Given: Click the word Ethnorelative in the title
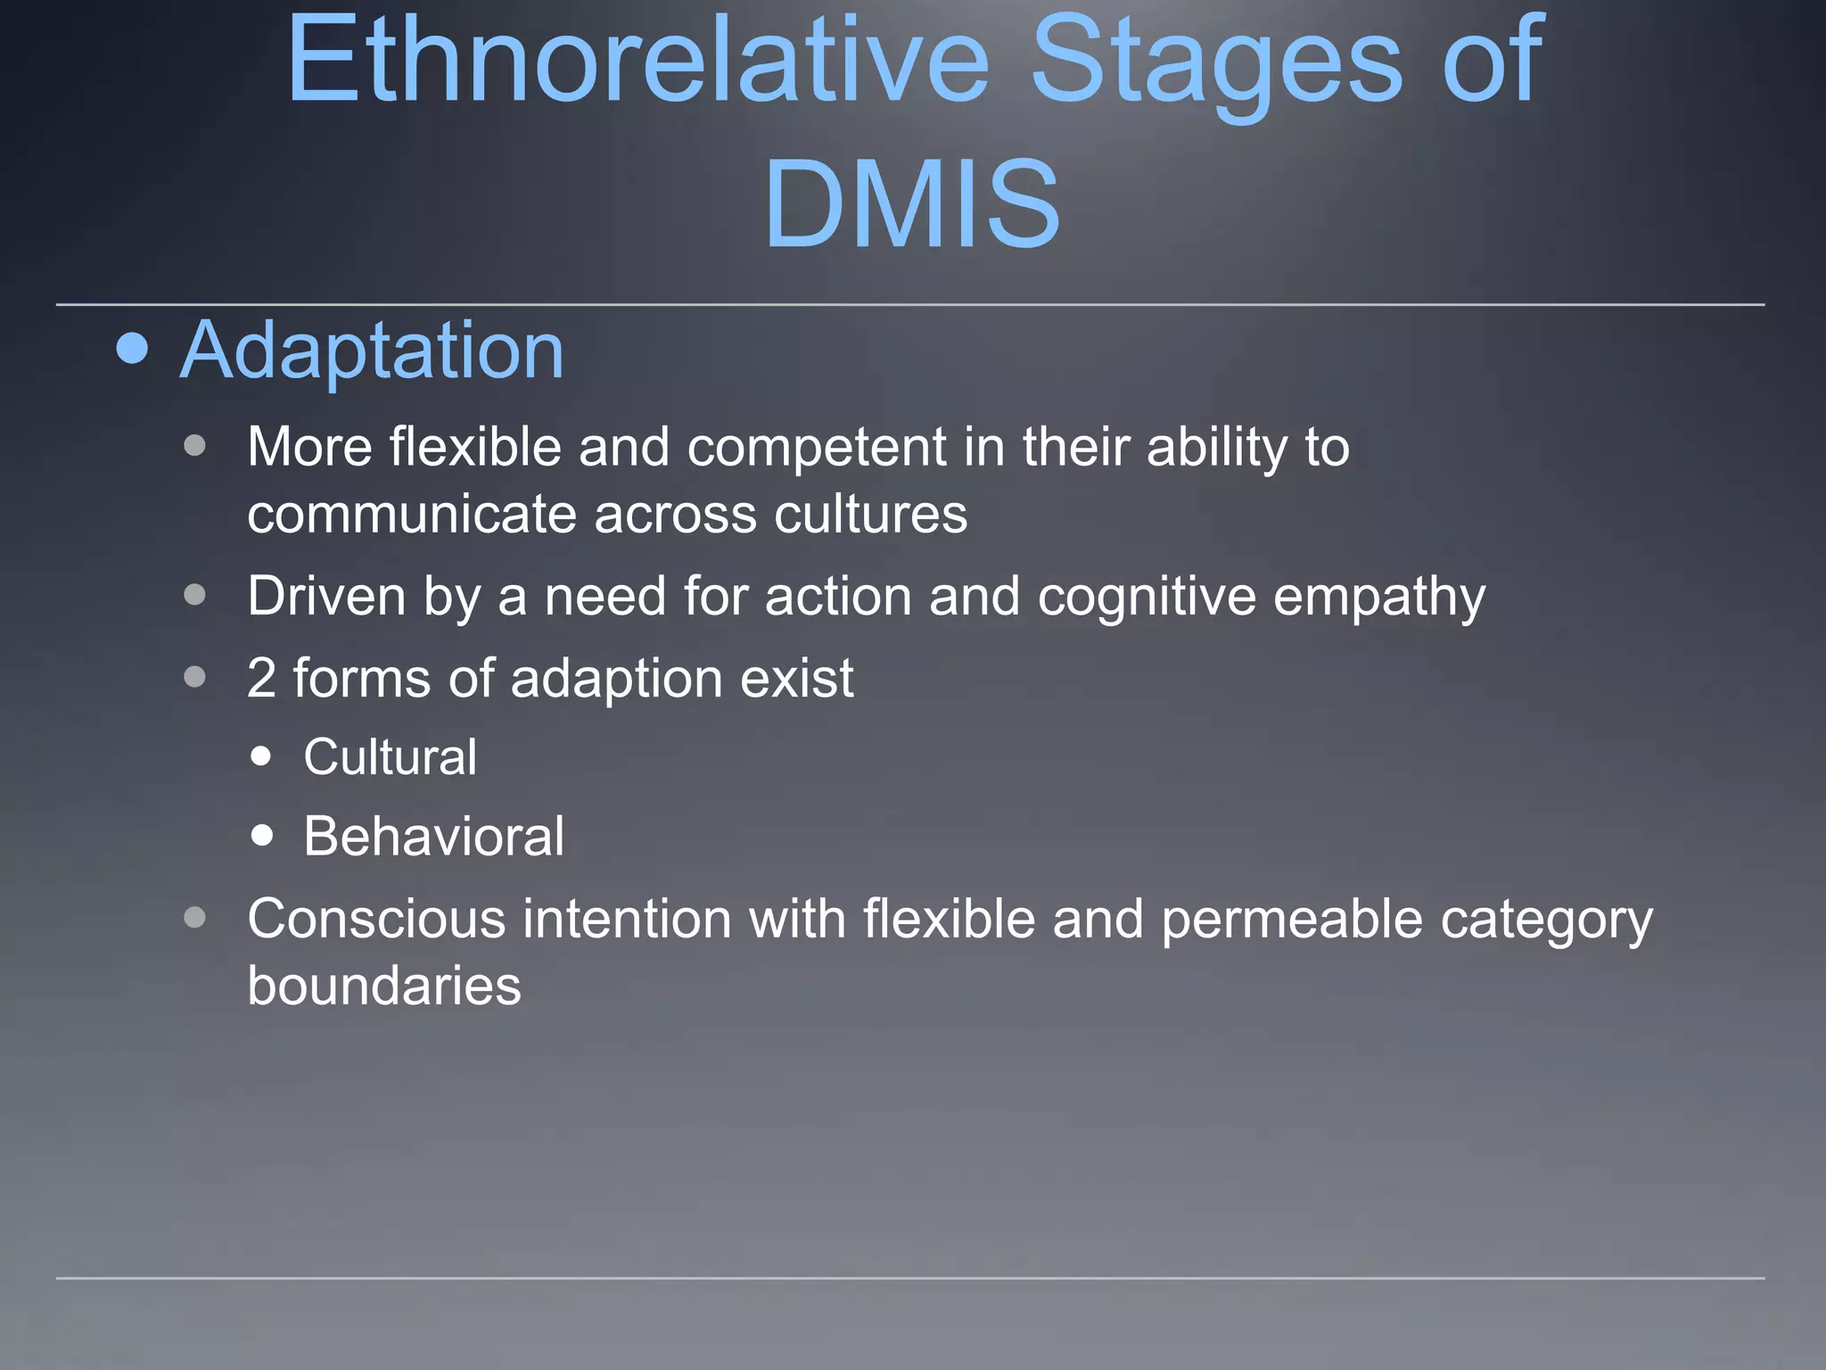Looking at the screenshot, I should pos(637,61).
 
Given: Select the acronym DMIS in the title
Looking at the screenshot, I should pos(912,203).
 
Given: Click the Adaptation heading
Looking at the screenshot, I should pos(372,351).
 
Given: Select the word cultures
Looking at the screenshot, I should pos(870,515).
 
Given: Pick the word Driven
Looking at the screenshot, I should pos(326,596).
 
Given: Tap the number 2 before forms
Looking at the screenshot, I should pos(261,678).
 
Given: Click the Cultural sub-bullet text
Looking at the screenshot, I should pos(390,757).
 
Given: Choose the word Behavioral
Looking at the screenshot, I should pos(433,837).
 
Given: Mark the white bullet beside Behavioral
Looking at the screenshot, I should pos(262,836).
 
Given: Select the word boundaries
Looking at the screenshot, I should pos(384,986).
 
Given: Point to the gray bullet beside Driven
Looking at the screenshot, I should pos(195,595).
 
